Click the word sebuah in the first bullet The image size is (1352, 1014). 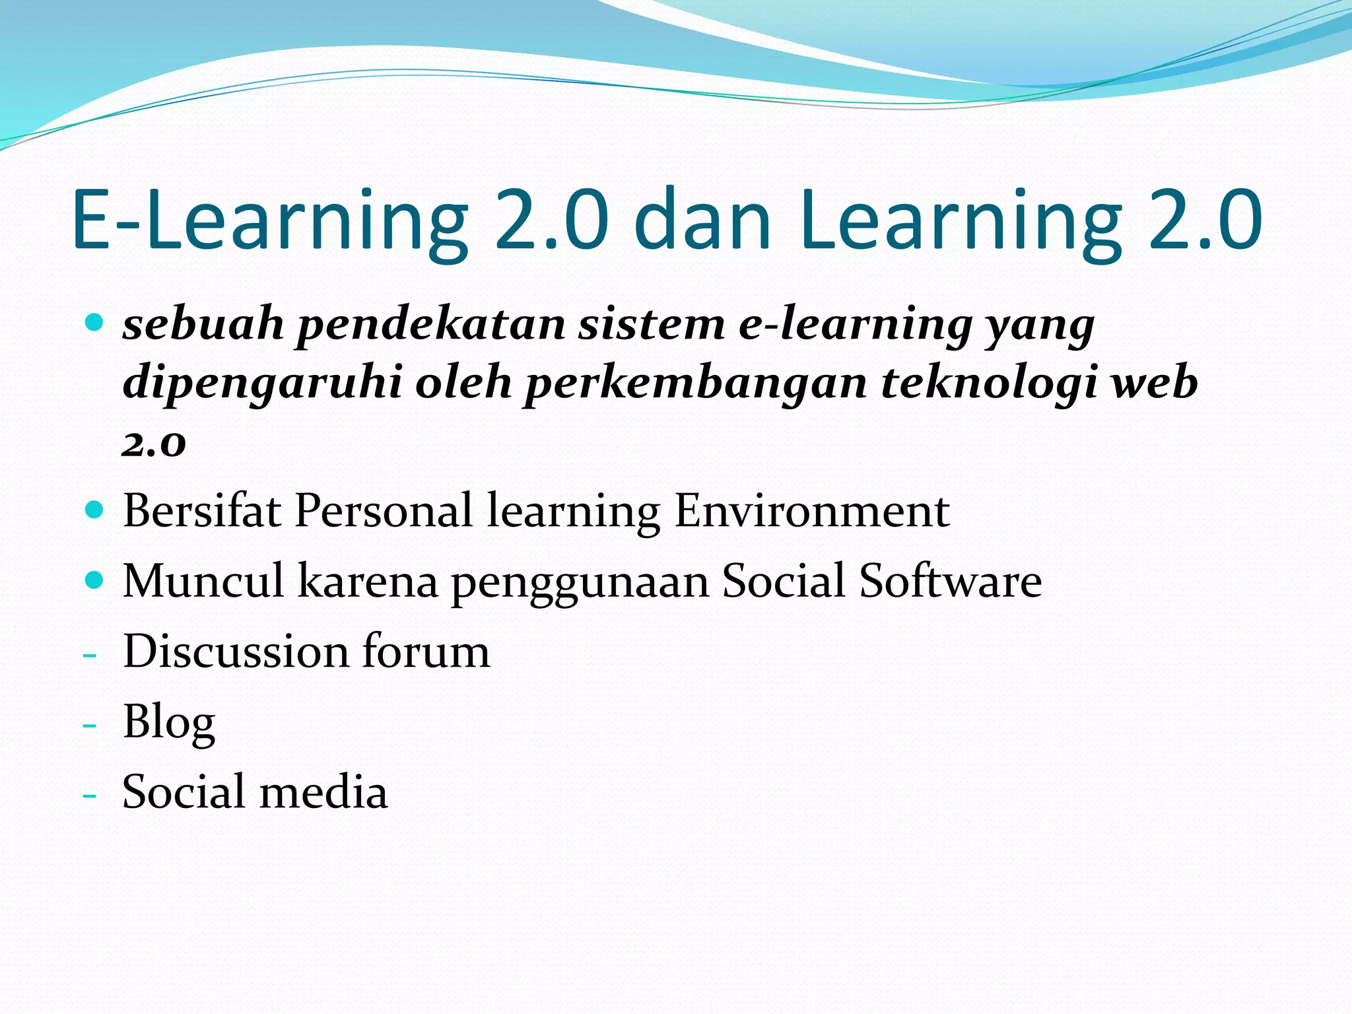click(x=203, y=325)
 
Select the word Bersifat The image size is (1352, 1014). click(x=202, y=511)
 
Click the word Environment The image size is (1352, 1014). click(x=812, y=511)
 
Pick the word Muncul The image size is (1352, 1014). click(x=203, y=581)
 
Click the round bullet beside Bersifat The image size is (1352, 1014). click(x=95, y=510)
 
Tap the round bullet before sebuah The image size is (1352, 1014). click(x=95, y=323)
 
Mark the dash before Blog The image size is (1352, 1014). click(x=90, y=726)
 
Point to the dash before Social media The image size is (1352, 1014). click(x=90, y=795)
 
